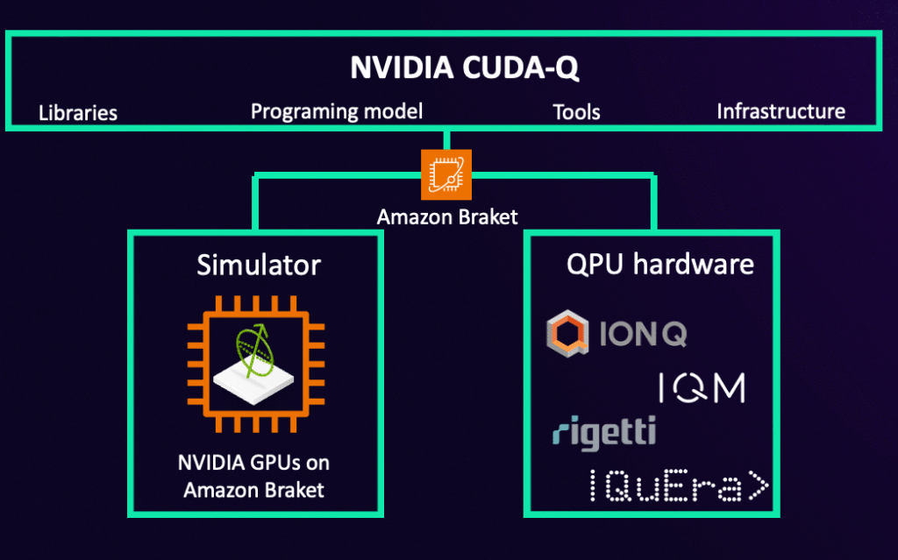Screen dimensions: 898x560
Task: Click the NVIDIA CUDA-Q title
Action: coord(465,67)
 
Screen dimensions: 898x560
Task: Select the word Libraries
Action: coord(78,113)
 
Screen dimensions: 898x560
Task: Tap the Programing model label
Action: coord(337,111)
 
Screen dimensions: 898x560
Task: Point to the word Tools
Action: coord(576,112)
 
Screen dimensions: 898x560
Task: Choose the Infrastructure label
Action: coord(781,111)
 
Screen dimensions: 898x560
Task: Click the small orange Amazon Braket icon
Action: coord(446,174)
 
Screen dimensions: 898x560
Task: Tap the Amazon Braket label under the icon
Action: coord(447,217)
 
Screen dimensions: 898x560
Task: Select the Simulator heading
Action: coord(259,266)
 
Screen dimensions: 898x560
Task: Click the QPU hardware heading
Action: coord(660,264)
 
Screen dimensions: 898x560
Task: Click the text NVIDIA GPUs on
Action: coord(253,463)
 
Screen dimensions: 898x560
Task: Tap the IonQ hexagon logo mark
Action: coord(567,333)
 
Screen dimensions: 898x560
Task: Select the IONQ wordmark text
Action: coord(643,333)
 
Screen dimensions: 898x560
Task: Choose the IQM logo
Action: coord(702,387)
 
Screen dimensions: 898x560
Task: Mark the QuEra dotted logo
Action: coord(679,486)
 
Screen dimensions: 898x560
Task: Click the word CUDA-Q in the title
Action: coord(521,67)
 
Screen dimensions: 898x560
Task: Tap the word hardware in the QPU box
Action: coord(694,264)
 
